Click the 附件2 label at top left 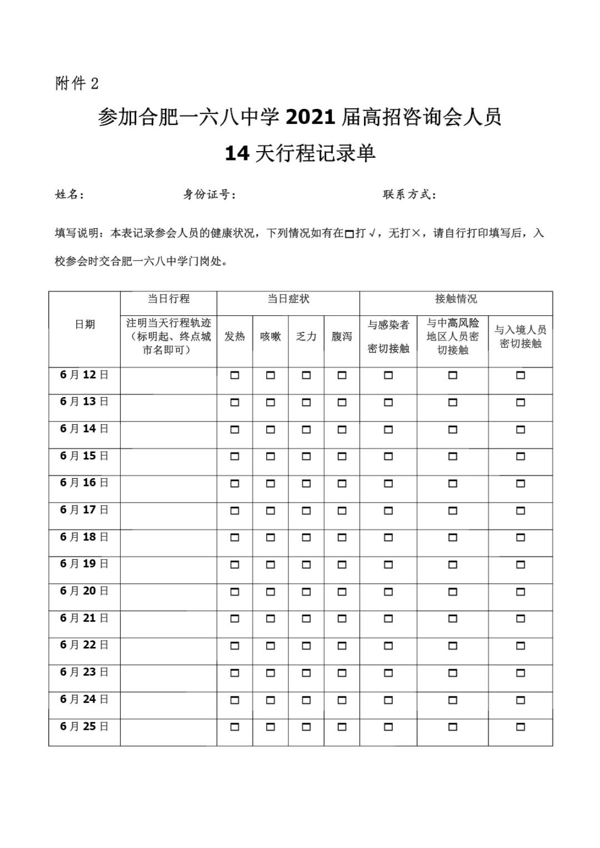77,84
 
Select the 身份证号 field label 209,194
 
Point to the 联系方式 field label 409,194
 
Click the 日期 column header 84,324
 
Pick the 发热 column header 234,337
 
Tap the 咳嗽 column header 271,337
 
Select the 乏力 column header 306,337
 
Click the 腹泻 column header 342,337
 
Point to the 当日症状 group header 288,299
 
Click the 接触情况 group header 456,299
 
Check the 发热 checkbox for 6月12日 234,375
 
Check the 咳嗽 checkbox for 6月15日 271,456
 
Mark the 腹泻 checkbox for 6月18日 342,538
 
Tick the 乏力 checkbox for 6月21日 306,619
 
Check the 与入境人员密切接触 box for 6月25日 521,727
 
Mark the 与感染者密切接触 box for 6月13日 388,402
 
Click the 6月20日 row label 84,591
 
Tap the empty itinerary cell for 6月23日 168,678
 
